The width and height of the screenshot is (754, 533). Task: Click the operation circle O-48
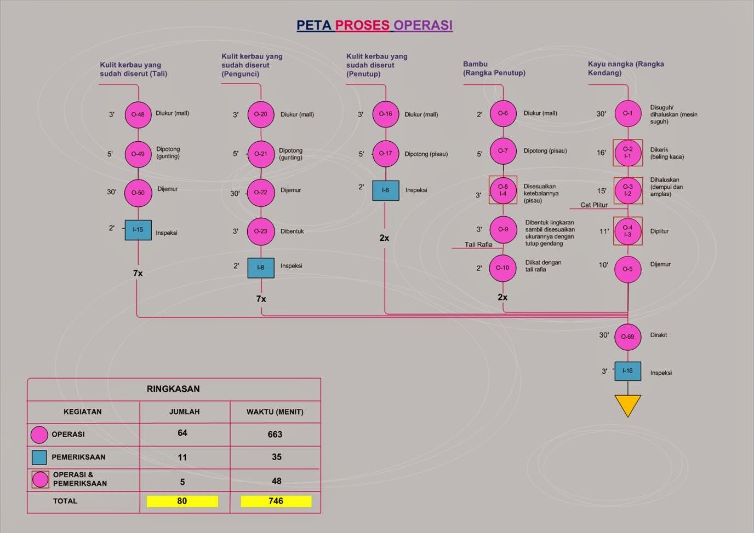pyautogui.click(x=138, y=114)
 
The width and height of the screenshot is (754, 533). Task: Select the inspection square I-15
pyautogui.click(x=138, y=230)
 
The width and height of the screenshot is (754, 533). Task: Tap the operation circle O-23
pyautogui.click(x=260, y=231)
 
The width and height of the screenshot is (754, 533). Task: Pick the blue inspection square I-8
pyautogui.click(x=260, y=268)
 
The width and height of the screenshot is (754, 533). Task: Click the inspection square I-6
pyautogui.click(x=385, y=190)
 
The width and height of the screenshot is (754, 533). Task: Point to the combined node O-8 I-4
pyautogui.click(x=502, y=190)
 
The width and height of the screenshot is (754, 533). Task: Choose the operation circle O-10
pyautogui.click(x=502, y=268)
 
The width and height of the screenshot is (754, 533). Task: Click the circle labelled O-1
pyautogui.click(x=627, y=113)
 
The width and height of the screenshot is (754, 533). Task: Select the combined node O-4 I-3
pyautogui.click(x=627, y=231)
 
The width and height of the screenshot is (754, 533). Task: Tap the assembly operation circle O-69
pyautogui.click(x=627, y=337)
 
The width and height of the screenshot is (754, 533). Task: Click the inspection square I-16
pyautogui.click(x=627, y=371)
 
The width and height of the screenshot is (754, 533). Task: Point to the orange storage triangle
pyautogui.click(x=627, y=404)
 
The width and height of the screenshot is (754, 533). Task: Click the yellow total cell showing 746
pyautogui.click(x=276, y=501)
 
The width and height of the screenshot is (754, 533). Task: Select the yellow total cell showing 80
pyautogui.click(x=182, y=501)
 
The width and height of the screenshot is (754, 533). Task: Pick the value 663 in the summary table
pyautogui.click(x=275, y=434)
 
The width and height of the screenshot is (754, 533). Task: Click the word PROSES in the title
pyautogui.click(x=362, y=25)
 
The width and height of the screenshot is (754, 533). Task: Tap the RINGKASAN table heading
pyautogui.click(x=173, y=389)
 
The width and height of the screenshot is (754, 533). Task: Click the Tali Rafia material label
pyautogui.click(x=478, y=245)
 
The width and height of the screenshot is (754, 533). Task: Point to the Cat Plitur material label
pyautogui.click(x=594, y=205)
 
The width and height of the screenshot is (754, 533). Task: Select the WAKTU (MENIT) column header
pyautogui.click(x=275, y=412)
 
